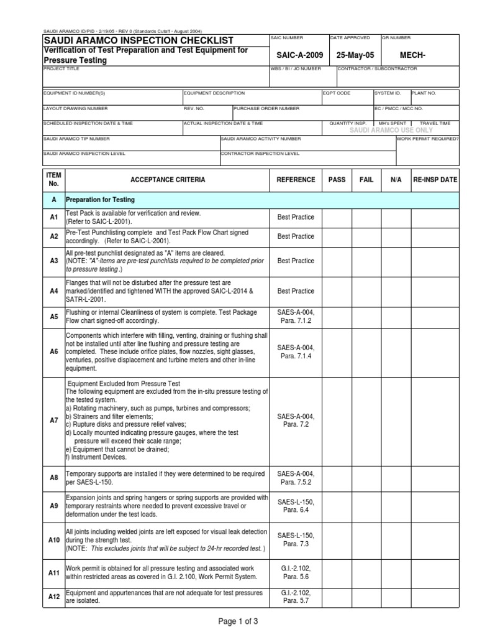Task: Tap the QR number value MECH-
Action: (x=420, y=55)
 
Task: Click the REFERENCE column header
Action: (x=296, y=180)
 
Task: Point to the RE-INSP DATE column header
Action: (x=435, y=180)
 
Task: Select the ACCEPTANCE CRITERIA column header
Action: (x=167, y=180)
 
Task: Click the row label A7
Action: (x=53, y=421)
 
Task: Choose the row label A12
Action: (x=53, y=597)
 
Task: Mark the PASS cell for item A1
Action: (x=337, y=217)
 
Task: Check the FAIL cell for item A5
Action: (x=366, y=317)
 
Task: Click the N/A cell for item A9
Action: (x=396, y=506)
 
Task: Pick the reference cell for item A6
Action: (x=296, y=351)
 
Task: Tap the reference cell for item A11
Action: (x=296, y=572)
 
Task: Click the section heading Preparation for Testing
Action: (x=100, y=200)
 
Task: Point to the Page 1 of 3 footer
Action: (x=238, y=621)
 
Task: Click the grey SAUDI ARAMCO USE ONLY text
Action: (x=391, y=130)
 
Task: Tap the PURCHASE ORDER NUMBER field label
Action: (x=267, y=108)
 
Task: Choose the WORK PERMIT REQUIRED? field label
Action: (x=428, y=139)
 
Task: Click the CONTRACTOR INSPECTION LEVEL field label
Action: (x=260, y=153)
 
